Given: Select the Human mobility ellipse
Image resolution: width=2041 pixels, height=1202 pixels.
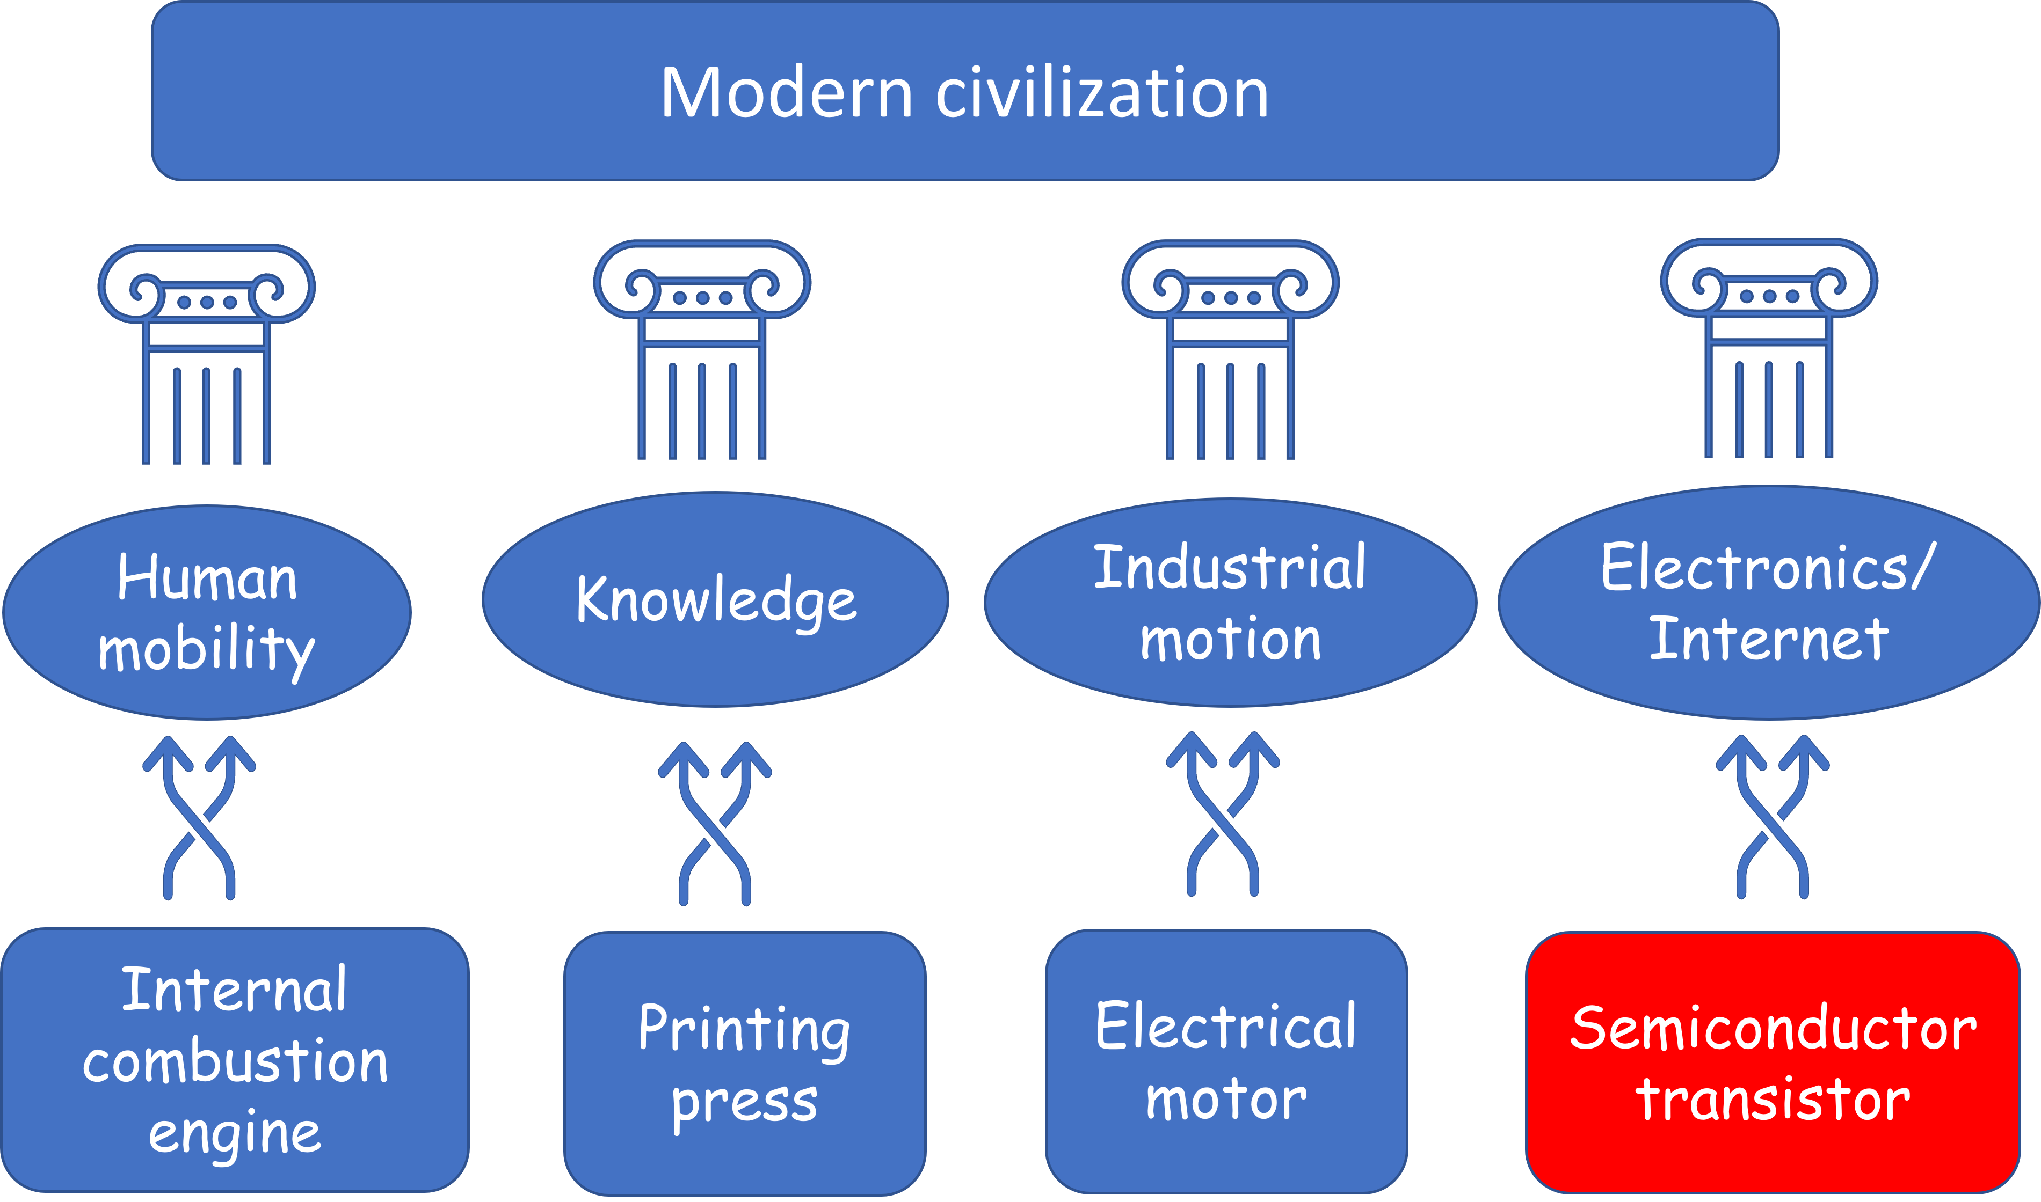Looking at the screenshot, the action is (207, 612).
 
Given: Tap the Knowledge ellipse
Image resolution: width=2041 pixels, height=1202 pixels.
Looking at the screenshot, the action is (715, 599).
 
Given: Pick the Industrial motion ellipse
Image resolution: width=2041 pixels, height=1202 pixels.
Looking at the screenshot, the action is (1230, 603).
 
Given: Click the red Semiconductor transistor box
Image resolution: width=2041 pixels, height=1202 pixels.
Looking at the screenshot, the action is (1773, 1062).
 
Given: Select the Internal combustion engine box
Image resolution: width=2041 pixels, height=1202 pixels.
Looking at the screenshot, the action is (235, 1060).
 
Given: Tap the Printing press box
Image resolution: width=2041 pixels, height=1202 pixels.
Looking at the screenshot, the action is (745, 1064).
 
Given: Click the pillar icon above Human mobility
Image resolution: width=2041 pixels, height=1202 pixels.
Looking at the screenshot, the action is (207, 354).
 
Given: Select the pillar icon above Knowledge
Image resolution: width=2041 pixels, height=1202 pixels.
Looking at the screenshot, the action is (702, 350).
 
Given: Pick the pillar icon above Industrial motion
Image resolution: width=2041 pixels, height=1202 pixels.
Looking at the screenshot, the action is (1230, 350).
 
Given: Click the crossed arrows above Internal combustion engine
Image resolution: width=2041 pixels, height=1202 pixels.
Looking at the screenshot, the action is (199, 818).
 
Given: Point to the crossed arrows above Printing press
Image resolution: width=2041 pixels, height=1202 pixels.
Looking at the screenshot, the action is (715, 824).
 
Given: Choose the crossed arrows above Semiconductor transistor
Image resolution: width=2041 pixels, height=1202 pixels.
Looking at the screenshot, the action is (1772, 817).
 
